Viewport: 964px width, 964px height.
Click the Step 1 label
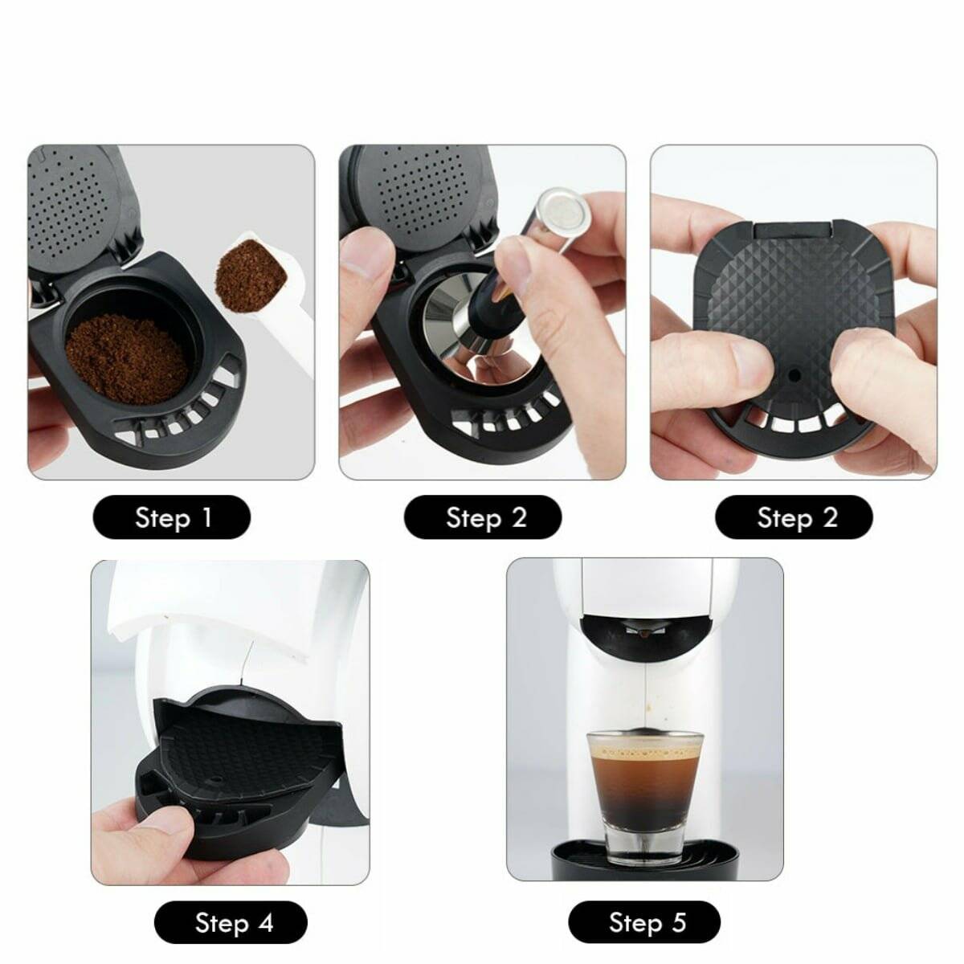(172, 517)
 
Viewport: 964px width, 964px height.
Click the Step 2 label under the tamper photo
(483, 517)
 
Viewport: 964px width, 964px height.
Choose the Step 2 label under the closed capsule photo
(794, 517)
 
